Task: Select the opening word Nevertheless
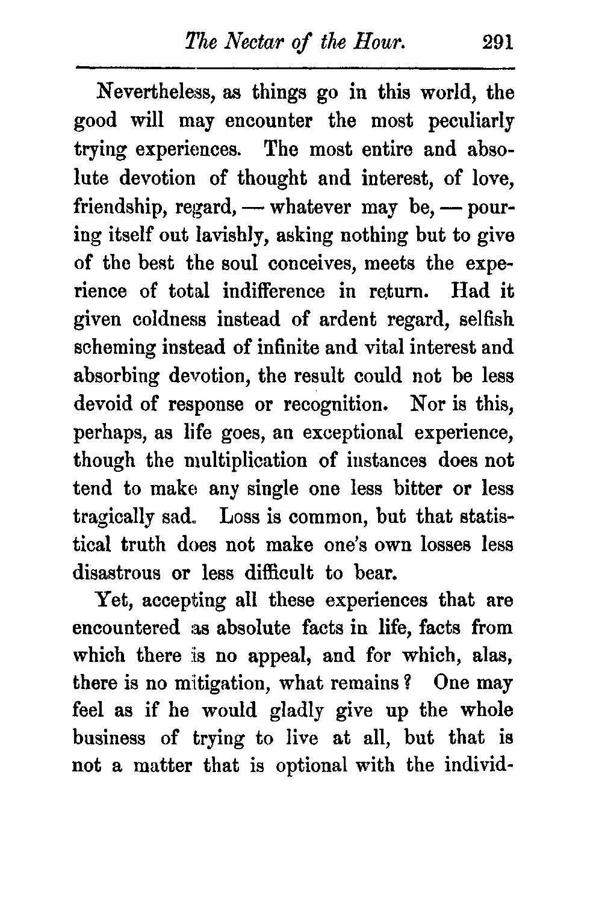(154, 94)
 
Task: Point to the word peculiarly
(471, 122)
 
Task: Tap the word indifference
(273, 292)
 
